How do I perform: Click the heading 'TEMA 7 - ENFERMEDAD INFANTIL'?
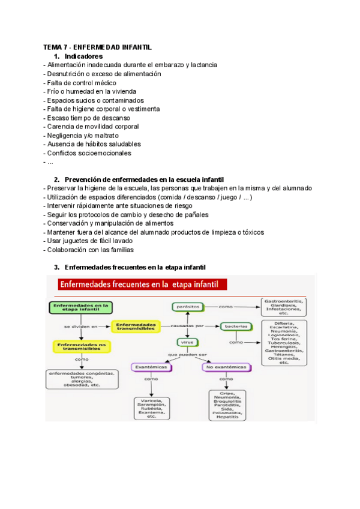point(98,47)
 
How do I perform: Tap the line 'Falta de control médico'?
point(80,83)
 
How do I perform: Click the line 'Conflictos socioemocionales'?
point(88,153)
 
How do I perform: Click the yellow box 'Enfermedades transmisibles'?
point(136,325)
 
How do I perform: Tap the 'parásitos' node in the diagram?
point(186,307)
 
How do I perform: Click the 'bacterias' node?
point(236,326)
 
